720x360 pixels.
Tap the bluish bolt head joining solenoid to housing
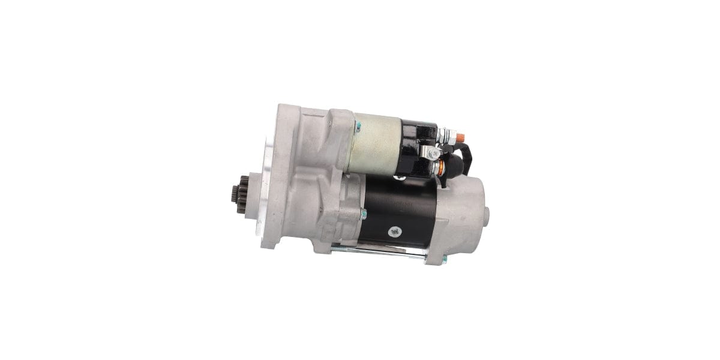pyautogui.click(x=358, y=126)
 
